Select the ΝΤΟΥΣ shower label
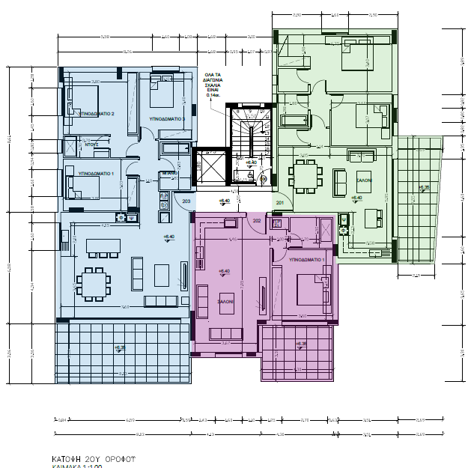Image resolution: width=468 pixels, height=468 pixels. [91, 145]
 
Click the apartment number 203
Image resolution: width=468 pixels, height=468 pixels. [186, 201]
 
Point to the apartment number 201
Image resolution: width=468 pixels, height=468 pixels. [280, 202]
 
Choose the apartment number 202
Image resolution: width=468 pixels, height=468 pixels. [256, 221]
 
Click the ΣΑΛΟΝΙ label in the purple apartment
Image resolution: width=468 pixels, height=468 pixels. [225, 301]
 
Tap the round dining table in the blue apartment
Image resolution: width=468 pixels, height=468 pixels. [93, 282]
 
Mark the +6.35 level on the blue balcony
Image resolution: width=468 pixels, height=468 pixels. [120, 347]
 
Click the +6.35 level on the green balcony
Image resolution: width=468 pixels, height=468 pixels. [424, 187]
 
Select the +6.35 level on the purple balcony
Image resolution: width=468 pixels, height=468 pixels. [300, 344]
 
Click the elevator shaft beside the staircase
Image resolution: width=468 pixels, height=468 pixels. [209, 168]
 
